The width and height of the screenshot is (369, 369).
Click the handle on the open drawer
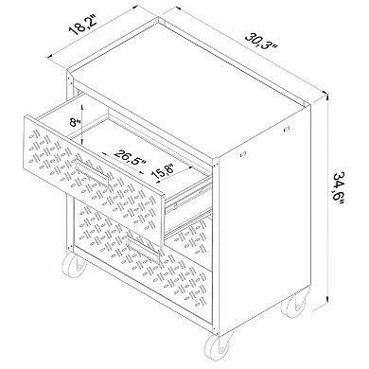point(105,169)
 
